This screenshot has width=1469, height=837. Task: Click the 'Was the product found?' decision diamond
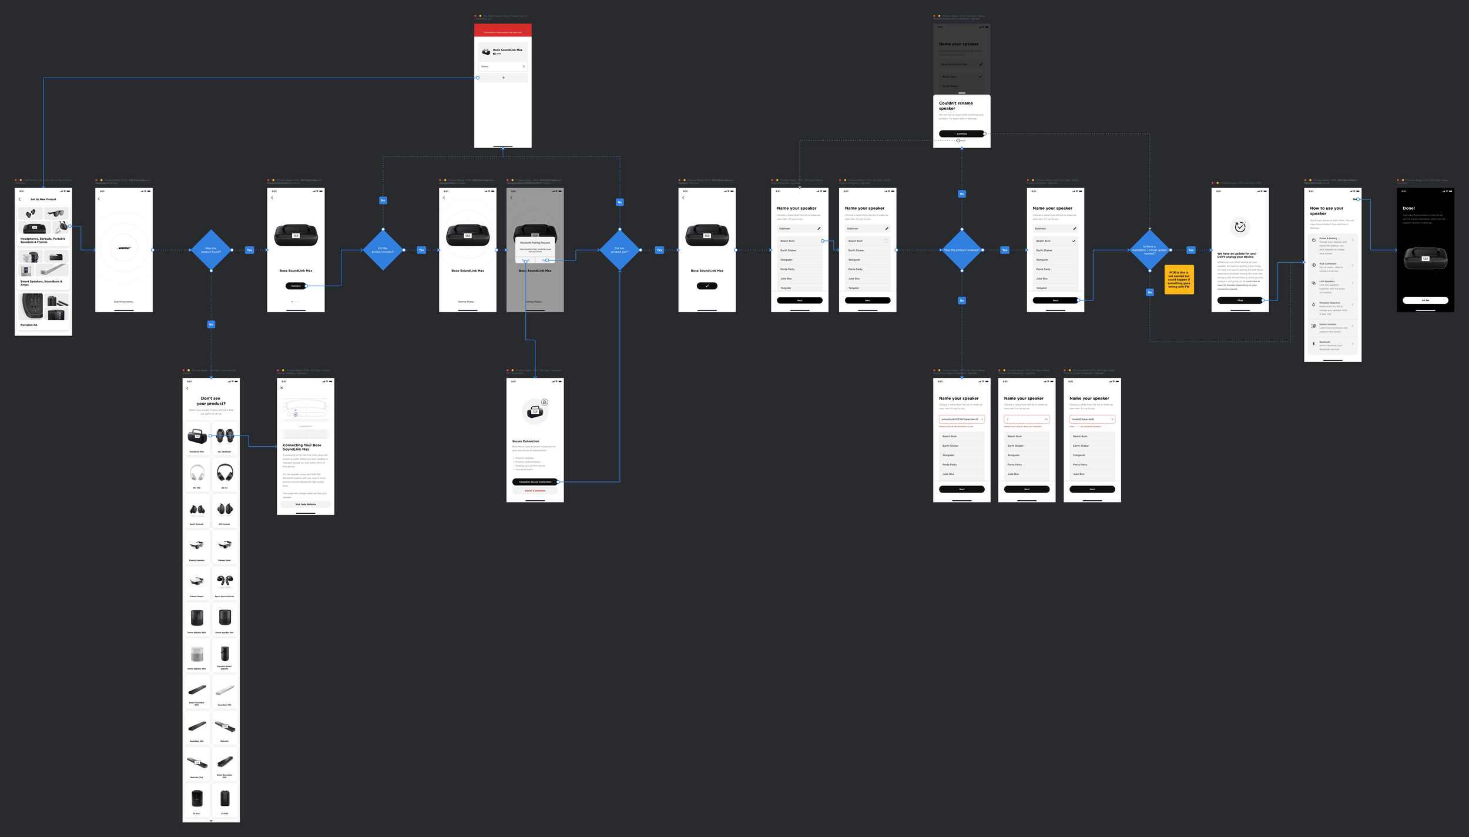211,250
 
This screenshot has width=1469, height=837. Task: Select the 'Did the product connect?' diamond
383,250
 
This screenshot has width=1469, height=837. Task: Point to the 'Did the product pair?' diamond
619,250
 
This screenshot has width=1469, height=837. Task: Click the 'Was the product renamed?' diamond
961,250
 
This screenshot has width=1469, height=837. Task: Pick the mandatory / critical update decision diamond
1149,250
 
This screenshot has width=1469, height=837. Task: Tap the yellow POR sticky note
1179,279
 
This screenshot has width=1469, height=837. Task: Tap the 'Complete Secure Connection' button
535,482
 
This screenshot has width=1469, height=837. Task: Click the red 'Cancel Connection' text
535,491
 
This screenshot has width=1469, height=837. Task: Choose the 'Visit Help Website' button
306,504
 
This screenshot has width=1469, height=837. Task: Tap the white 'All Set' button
1425,300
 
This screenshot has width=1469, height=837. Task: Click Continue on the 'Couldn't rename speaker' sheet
961,134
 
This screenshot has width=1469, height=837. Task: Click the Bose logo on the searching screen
124,248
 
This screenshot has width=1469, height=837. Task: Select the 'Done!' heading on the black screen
1408,208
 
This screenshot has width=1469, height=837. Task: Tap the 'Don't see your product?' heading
211,401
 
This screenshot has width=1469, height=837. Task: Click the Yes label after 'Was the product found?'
249,250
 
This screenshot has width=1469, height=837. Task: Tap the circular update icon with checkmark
1240,227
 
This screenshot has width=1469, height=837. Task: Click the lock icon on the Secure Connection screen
545,403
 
